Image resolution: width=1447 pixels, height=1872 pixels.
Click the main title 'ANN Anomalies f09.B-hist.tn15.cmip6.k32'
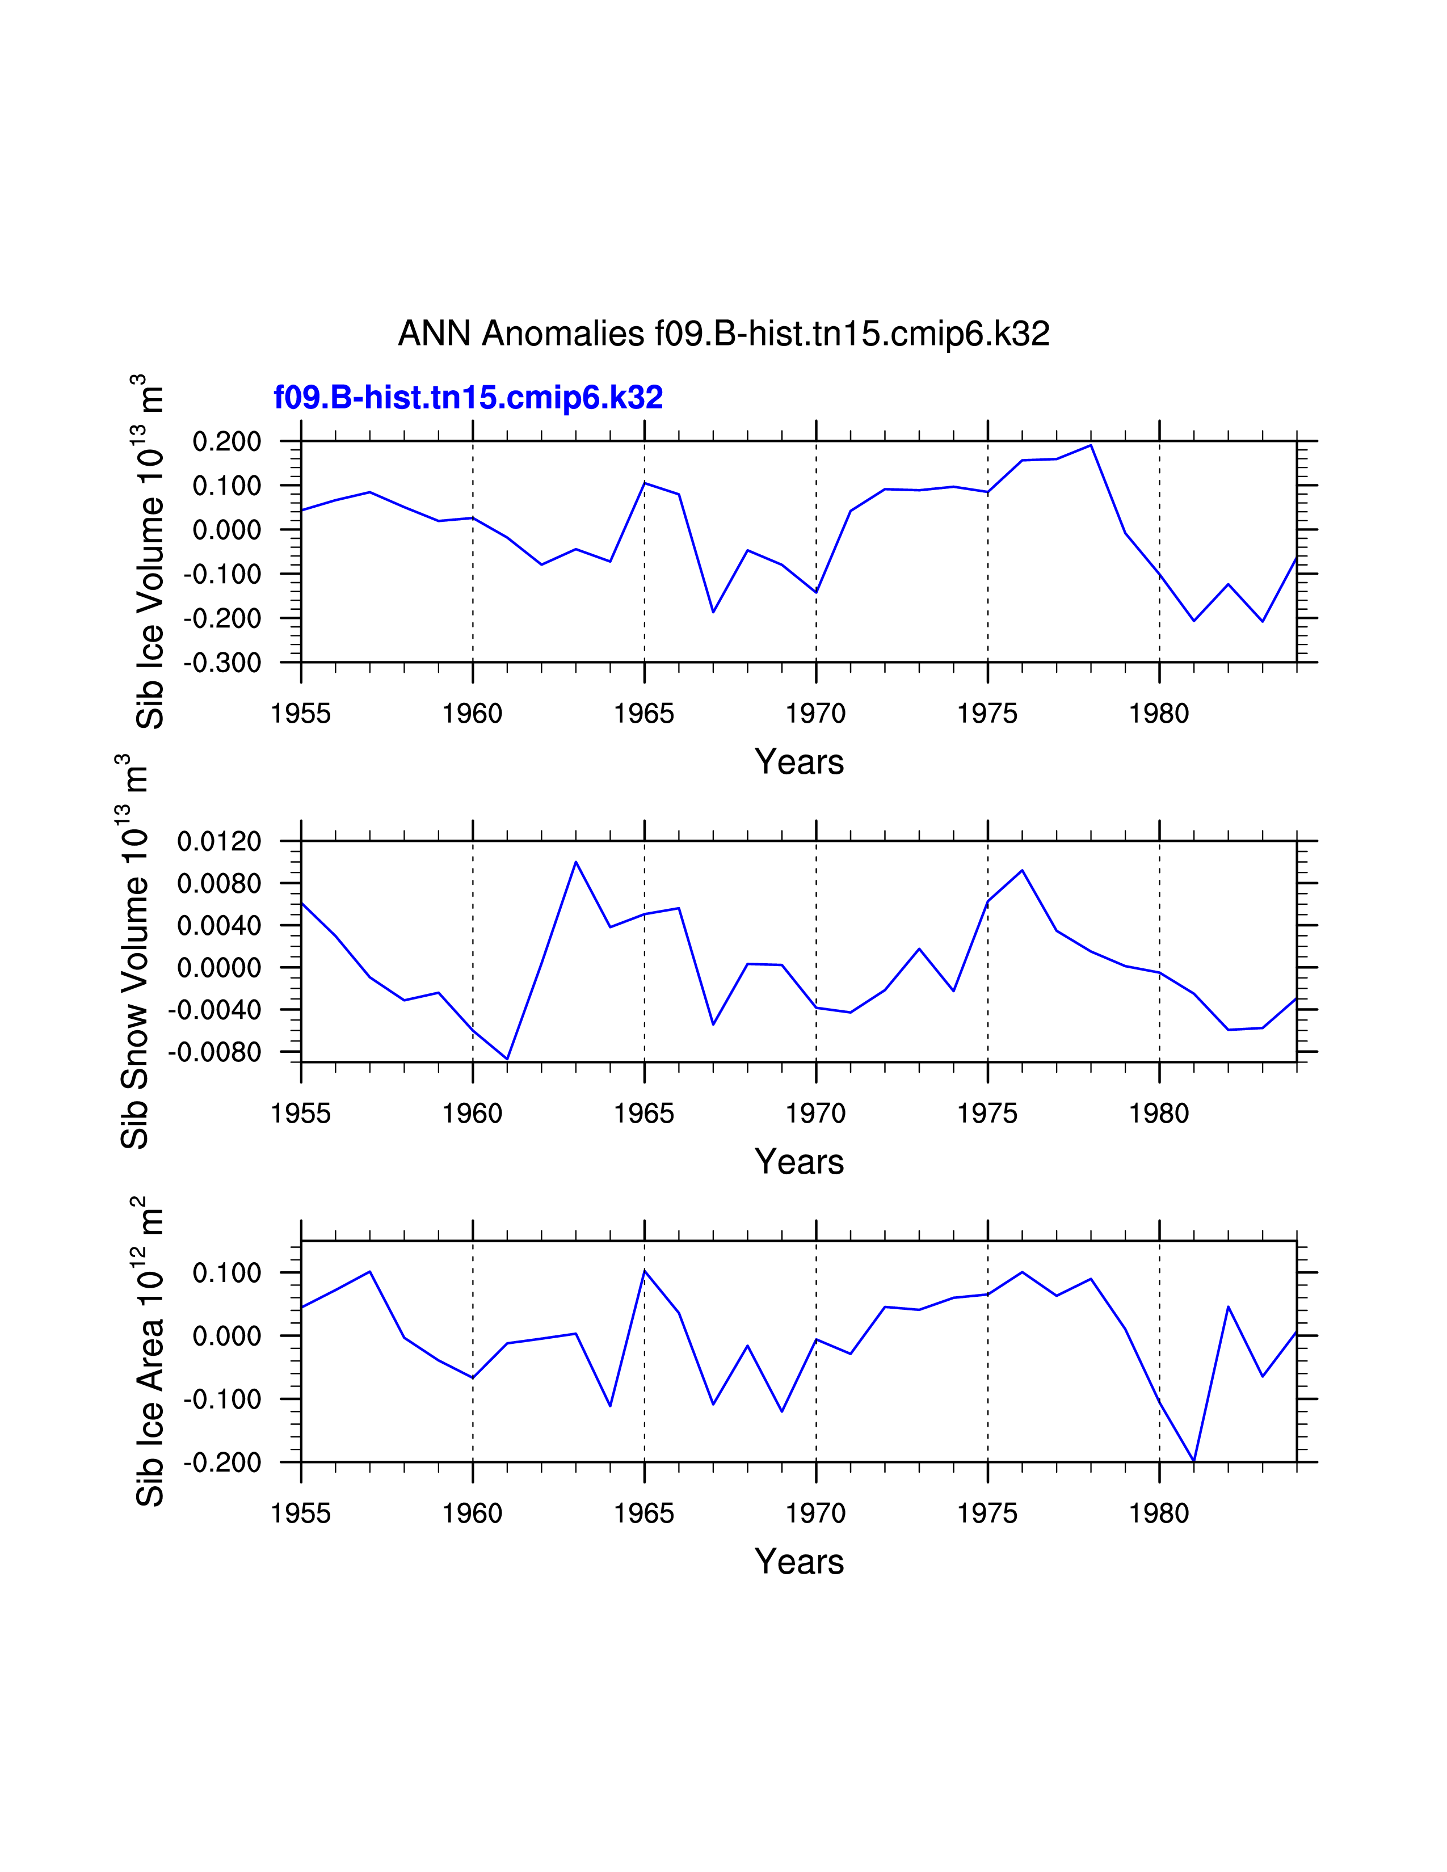click(x=724, y=334)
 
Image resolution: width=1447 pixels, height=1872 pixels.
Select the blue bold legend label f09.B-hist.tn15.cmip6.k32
click(x=468, y=398)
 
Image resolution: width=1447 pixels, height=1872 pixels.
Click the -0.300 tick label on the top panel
click(x=222, y=663)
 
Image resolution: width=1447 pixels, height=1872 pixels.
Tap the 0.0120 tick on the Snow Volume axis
click(x=218, y=842)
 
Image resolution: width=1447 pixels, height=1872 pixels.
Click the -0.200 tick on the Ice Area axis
click(x=222, y=1462)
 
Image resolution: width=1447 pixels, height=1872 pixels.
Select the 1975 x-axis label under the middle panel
click(x=987, y=1114)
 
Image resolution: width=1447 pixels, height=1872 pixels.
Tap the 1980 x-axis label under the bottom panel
click(x=1159, y=1513)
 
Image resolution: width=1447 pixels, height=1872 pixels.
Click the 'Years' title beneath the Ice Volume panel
click(x=799, y=762)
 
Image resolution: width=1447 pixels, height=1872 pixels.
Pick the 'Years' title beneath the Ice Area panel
click(x=799, y=1562)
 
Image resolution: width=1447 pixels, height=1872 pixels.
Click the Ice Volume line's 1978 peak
click(x=1091, y=445)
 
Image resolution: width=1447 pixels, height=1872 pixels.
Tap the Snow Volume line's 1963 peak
click(x=576, y=862)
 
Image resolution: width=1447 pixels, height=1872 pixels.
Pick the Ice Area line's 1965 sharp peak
click(x=645, y=1270)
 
